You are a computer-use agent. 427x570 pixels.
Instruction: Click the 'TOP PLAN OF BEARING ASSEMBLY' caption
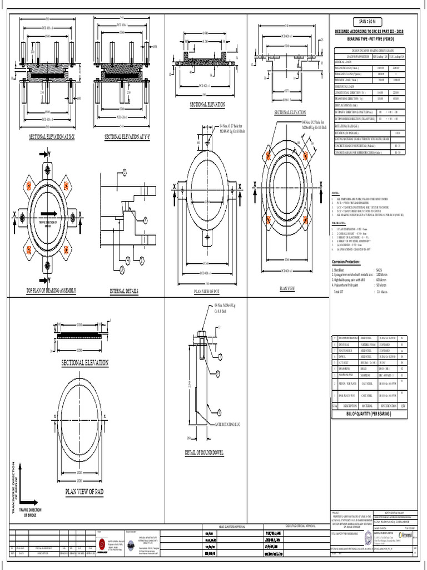click(x=51, y=291)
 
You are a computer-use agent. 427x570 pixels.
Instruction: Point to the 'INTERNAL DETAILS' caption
click(x=124, y=291)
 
